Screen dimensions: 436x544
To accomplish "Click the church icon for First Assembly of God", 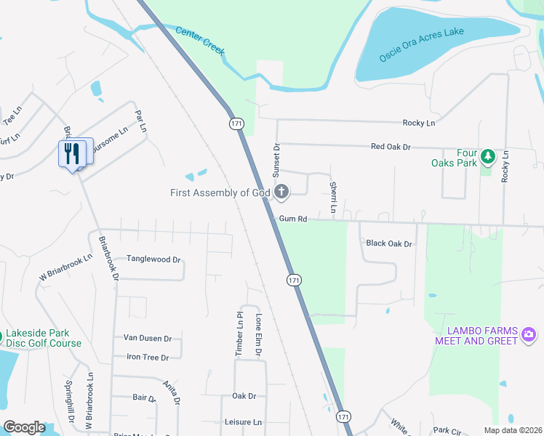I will coord(281,193).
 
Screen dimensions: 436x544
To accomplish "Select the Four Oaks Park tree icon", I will coord(489,156).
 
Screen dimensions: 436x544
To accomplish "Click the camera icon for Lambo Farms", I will coord(529,335).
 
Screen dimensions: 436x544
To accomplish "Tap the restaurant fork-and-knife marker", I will coord(71,153).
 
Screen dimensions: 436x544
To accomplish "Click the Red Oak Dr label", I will coord(391,147).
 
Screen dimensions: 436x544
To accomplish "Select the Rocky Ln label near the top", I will coord(420,124).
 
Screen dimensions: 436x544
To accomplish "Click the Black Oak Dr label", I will coord(389,244).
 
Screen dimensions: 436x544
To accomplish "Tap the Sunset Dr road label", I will coord(276,154).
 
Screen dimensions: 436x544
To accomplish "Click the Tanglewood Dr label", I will coord(153,259).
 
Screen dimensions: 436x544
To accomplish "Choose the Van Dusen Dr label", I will coord(147,339).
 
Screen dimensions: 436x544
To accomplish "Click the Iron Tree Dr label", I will coord(148,358).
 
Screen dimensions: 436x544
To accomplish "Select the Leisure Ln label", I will coord(243,422).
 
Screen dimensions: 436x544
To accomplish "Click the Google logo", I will coord(24,427).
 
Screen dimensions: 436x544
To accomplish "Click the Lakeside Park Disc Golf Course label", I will coord(44,339).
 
